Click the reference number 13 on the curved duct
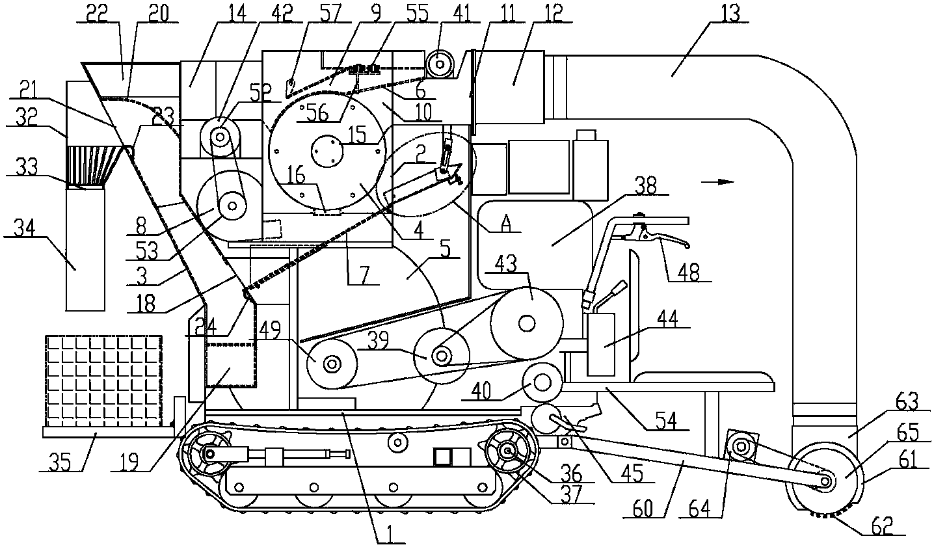pos(730,13)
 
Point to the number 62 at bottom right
pos(878,526)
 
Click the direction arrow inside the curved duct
pos(717,181)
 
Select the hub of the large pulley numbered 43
pos(527,323)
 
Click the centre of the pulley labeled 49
pos(332,364)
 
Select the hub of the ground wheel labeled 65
pos(825,481)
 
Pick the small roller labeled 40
pos(542,382)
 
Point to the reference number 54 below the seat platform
pos(666,421)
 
